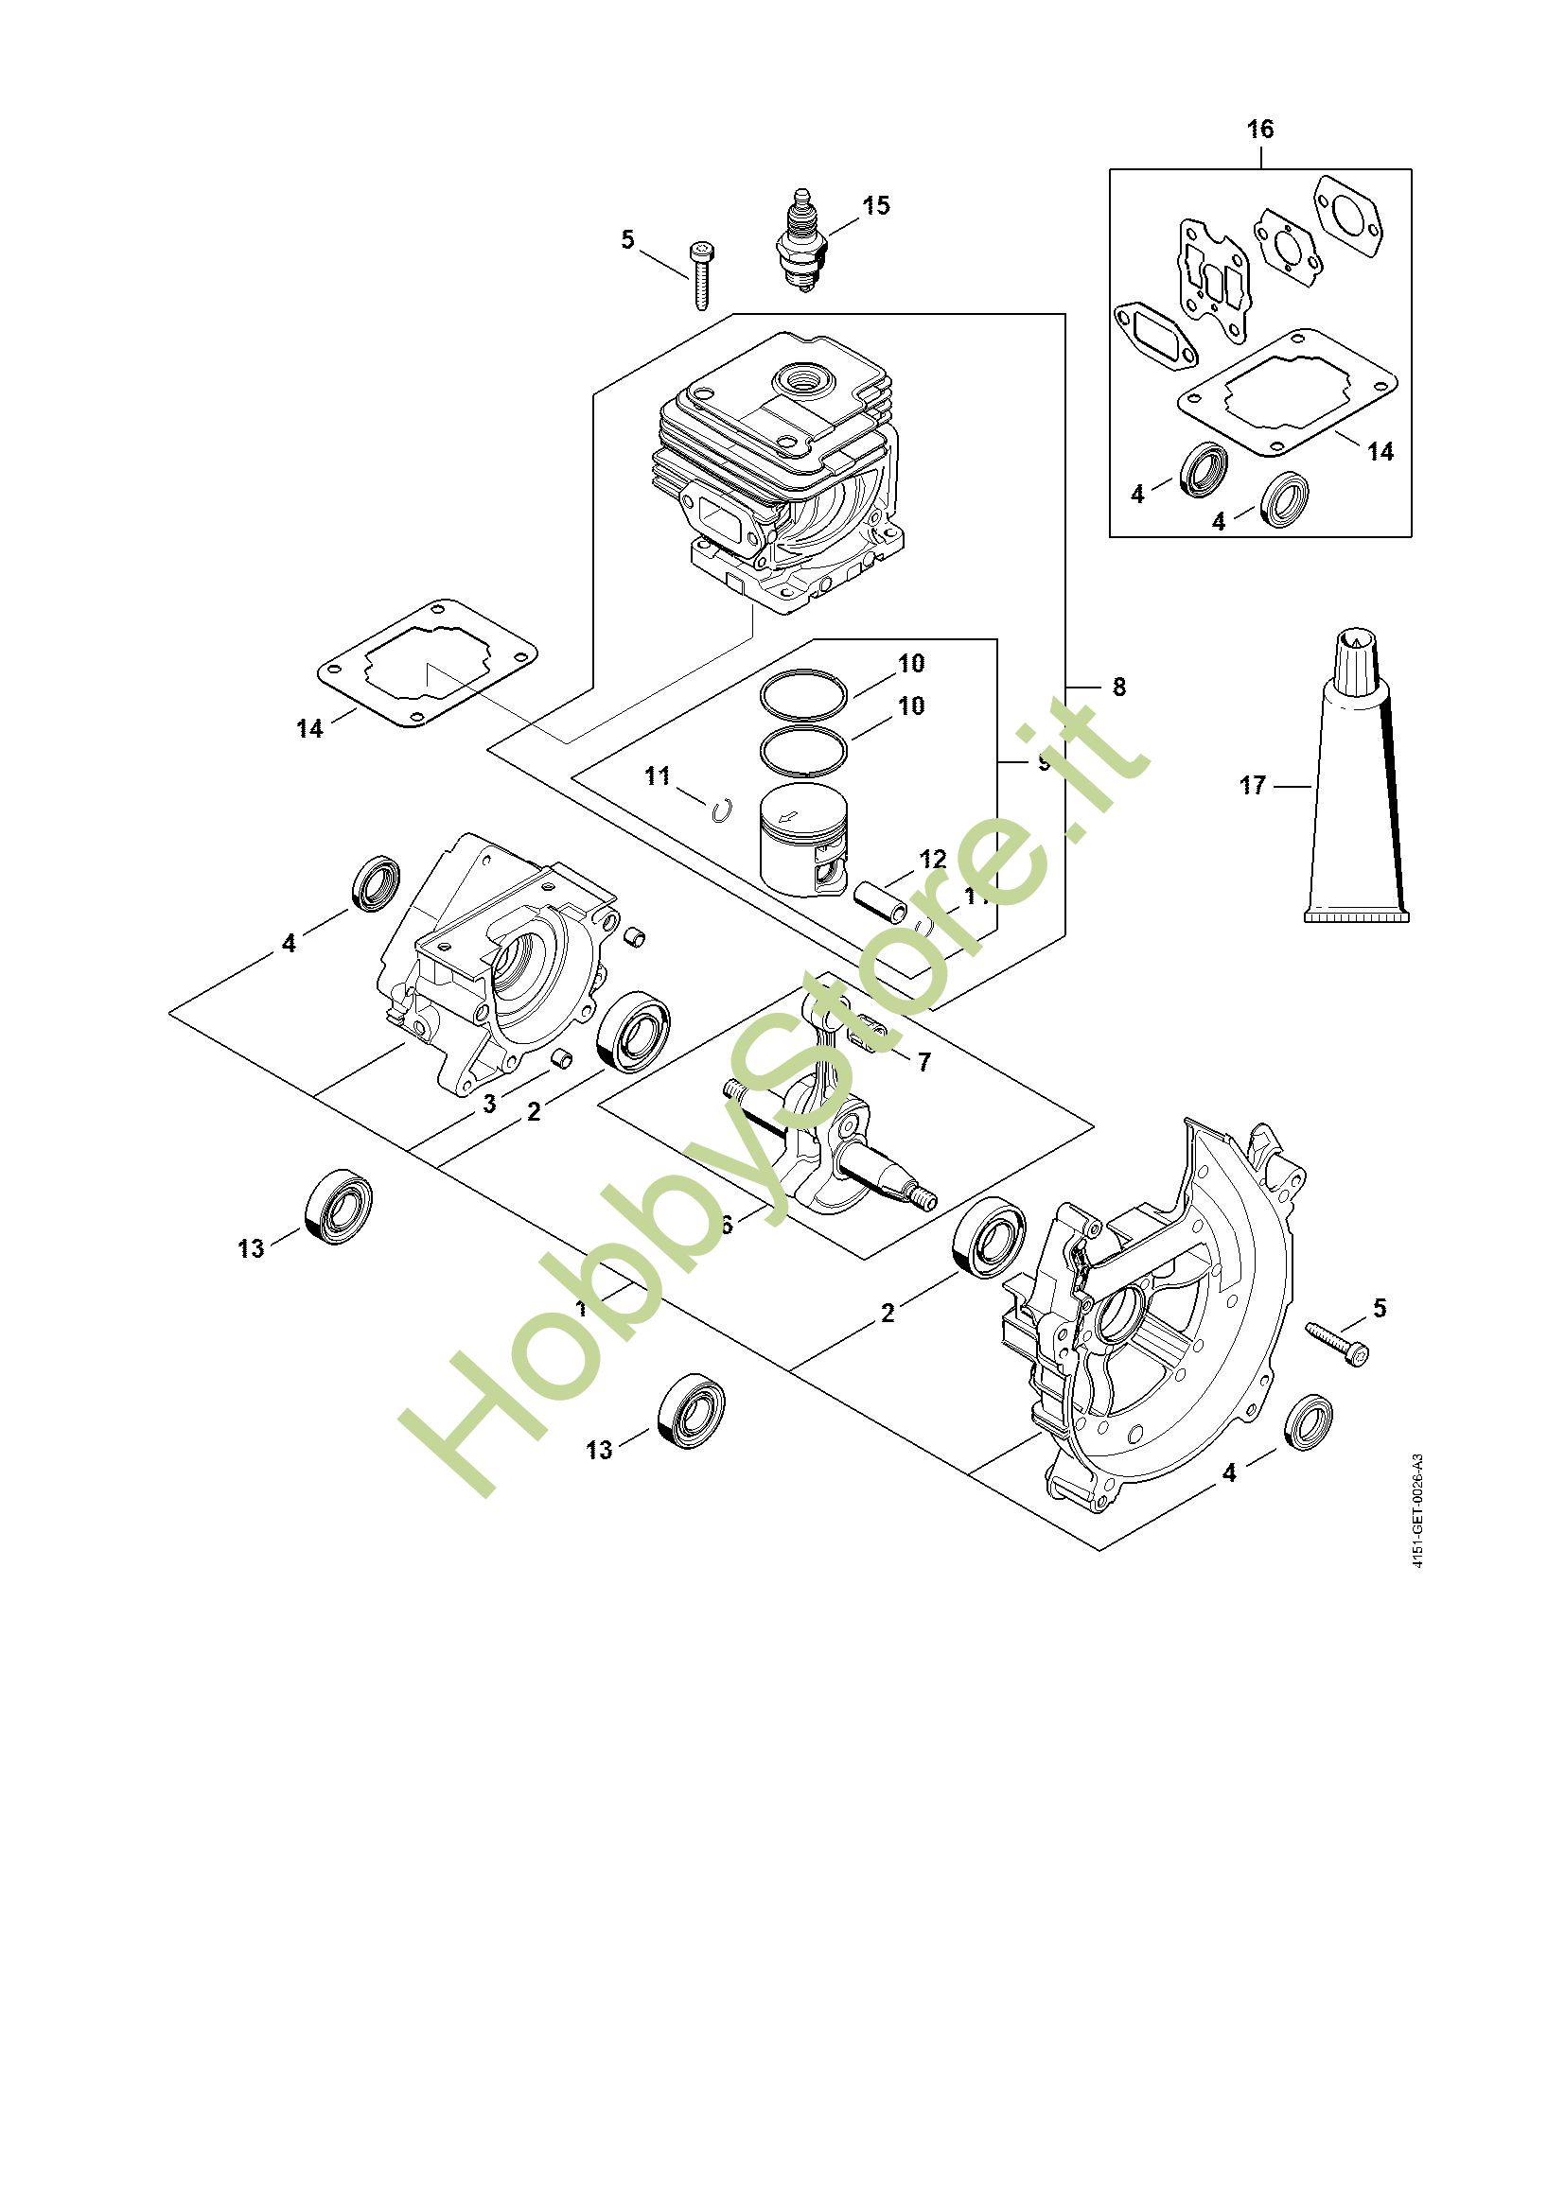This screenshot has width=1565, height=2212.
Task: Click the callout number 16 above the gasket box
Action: click(1259, 130)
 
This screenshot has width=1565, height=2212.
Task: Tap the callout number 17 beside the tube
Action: click(1252, 786)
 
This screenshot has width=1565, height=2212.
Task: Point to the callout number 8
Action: click(1117, 687)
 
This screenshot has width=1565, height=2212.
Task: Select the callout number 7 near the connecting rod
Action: click(923, 1062)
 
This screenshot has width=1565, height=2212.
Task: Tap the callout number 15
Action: click(876, 205)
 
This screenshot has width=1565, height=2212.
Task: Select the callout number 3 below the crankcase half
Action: click(489, 1104)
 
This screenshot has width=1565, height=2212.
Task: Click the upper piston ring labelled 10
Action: click(803, 693)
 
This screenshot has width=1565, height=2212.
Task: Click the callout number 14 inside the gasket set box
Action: click(1380, 451)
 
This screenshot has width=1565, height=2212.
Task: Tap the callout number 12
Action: click(933, 858)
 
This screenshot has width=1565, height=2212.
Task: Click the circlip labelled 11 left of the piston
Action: click(719, 812)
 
